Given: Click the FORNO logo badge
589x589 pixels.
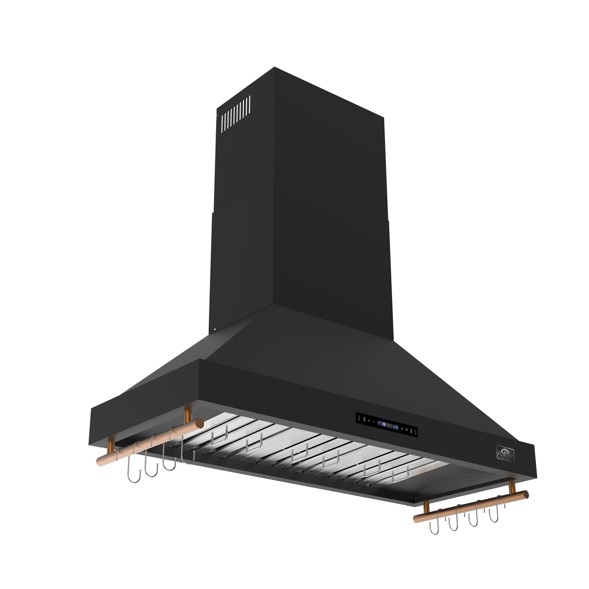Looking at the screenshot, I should (504, 454).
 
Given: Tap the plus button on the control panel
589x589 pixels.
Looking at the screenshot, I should (368, 420).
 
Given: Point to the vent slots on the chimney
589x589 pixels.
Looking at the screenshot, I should (236, 110).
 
